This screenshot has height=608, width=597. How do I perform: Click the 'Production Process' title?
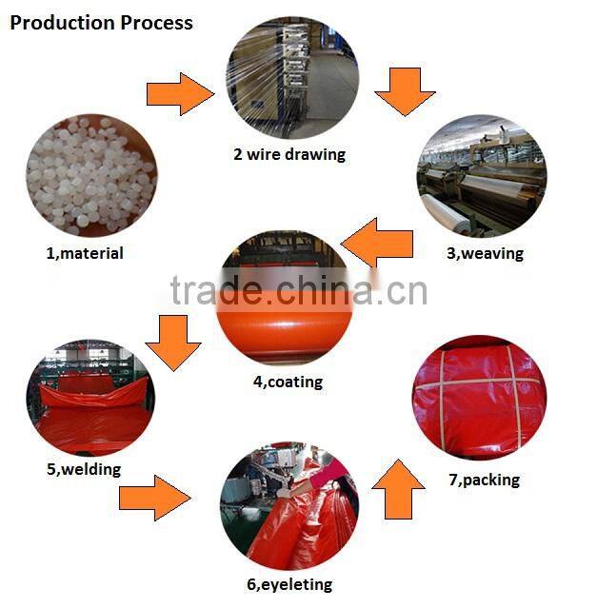(101, 22)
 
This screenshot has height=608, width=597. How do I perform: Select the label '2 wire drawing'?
(289, 154)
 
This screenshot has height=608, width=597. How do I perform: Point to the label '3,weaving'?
(485, 253)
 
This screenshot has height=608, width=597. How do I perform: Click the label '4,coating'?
(288, 382)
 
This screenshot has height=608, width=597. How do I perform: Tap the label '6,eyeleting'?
(289, 584)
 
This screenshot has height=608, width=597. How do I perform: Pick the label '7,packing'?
(484, 480)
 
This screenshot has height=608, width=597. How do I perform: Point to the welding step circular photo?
(89, 392)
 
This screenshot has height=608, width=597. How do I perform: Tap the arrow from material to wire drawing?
(180, 93)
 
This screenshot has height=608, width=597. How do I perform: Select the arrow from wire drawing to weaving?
(406, 91)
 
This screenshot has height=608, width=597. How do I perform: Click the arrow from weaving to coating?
(377, 242)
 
